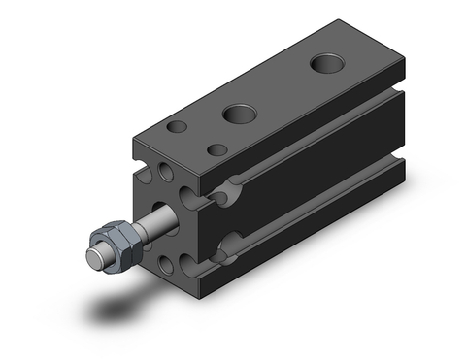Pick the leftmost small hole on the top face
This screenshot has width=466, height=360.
[x=178, y=127]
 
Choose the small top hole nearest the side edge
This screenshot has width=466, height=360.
[x=218, y=150]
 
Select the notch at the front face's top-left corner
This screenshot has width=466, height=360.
[x=135, y=153]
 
